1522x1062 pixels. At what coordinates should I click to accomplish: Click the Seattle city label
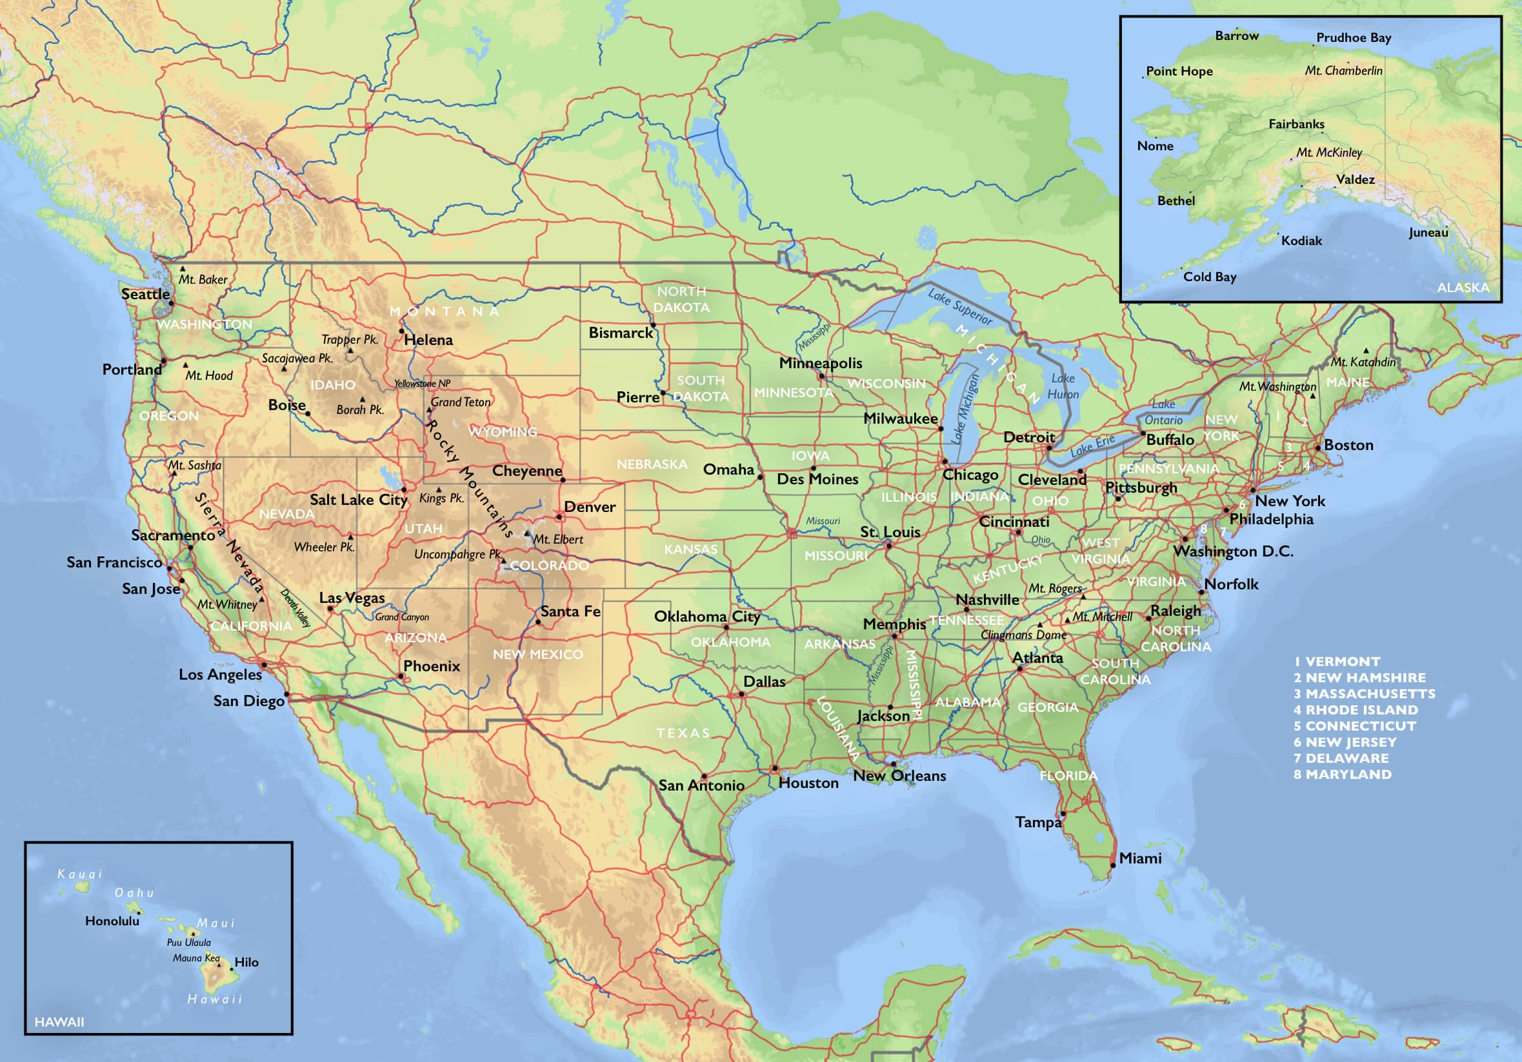pos(145,294)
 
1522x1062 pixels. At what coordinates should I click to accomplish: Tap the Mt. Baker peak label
pos(203,280)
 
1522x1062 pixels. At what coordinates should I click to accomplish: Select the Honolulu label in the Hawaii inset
pos(112,921)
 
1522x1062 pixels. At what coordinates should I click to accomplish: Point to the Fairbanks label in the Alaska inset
pos(1296,124)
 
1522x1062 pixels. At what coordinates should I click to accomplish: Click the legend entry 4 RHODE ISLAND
pos(1355,709)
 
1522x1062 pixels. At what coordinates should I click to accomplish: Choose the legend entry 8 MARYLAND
pos(1342,774)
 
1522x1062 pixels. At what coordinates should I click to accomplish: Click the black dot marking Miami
pos(1113,865)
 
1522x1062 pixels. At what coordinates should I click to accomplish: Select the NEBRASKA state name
pos(652,464)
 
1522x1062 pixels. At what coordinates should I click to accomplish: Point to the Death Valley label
pos(295,608)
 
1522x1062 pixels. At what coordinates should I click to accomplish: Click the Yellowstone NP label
pos(421,384)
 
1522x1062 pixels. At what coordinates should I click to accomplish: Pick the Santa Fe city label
pos(570,611)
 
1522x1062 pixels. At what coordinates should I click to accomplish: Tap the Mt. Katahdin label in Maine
pos(1363,362)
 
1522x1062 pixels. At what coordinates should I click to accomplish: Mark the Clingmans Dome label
pos(1023,634)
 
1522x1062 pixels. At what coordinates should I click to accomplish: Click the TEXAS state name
pos(683,733)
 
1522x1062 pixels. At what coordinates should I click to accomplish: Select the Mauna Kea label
pos(195,958)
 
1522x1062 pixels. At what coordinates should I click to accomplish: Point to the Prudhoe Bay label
pos(1353,38)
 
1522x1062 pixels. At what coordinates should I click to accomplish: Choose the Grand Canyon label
pos(402,617)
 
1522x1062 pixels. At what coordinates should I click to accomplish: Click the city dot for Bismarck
pos(653,325)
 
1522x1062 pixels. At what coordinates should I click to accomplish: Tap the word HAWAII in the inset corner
pos(59,1022)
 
